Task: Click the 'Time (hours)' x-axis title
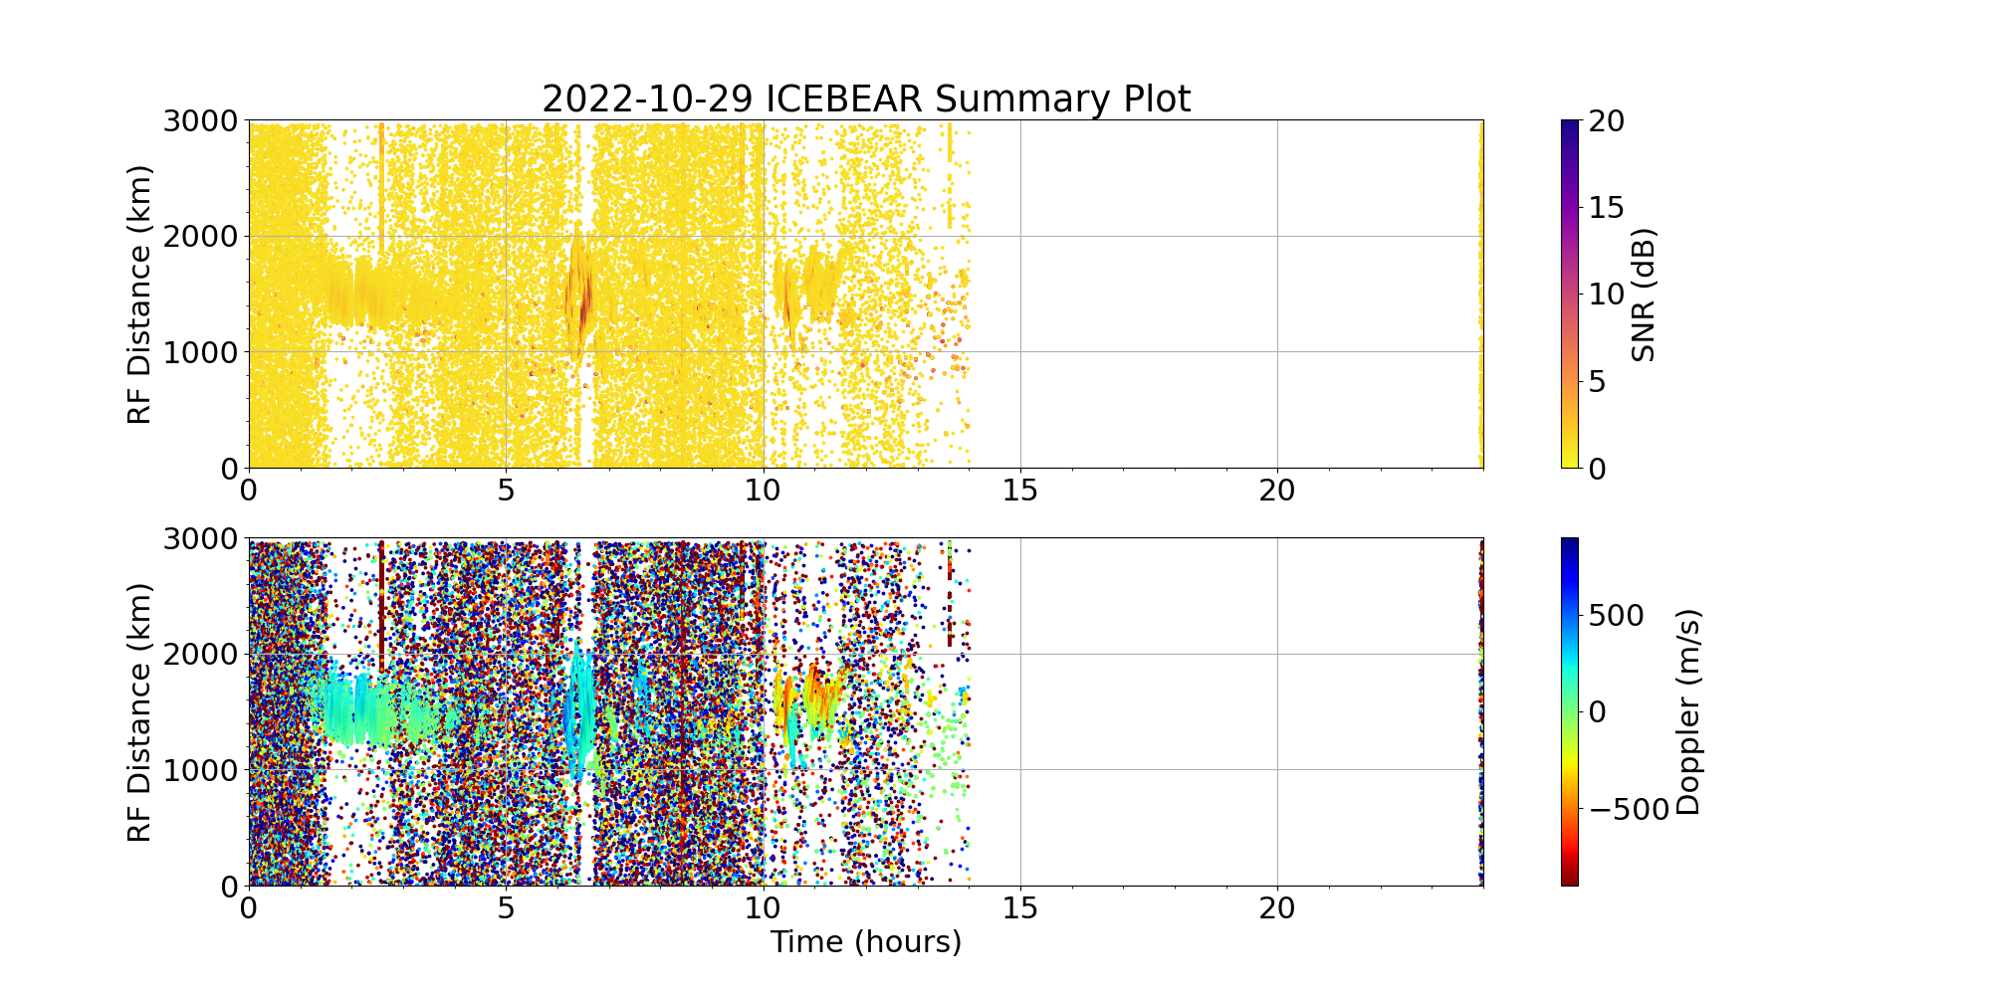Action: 865,941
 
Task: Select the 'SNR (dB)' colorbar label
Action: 1644,295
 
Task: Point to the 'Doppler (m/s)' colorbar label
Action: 1688,712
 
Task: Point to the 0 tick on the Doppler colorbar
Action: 1599,712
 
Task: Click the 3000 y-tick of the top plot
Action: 200,121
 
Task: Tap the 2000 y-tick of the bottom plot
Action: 200,655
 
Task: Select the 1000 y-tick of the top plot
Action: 200,352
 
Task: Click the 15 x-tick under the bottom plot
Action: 1020,907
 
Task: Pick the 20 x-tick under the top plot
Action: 1277,490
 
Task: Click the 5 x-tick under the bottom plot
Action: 507,907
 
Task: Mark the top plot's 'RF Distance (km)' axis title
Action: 140,295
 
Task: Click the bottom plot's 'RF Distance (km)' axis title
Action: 140,712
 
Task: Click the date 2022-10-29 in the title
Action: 648,99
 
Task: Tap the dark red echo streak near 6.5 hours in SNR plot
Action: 582,298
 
